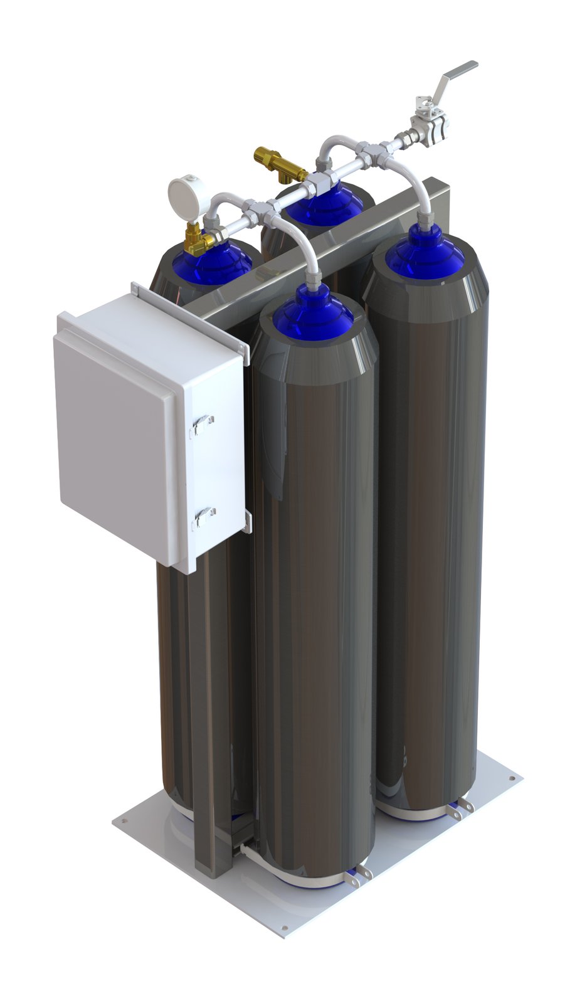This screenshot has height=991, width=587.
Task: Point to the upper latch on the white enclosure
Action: [203, 425]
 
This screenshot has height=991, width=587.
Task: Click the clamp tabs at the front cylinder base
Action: [360, 875]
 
